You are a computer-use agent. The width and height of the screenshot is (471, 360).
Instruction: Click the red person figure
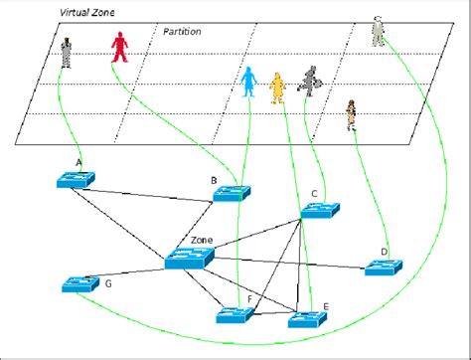119,46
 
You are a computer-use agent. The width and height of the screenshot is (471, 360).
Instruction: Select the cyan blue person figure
248,83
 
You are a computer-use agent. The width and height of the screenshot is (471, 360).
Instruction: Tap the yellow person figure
277,87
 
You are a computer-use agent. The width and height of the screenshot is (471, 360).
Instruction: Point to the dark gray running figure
310,81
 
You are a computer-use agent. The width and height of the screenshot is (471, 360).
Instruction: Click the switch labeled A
77,179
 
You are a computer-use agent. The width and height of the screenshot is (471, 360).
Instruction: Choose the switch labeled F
236,316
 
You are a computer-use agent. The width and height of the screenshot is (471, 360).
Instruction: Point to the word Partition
182,32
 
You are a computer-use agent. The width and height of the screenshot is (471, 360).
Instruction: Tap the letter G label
108,284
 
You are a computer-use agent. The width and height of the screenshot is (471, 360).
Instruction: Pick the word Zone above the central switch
202,241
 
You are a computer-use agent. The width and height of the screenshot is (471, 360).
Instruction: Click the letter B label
213,180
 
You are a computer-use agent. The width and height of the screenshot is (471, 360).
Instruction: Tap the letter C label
314,194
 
